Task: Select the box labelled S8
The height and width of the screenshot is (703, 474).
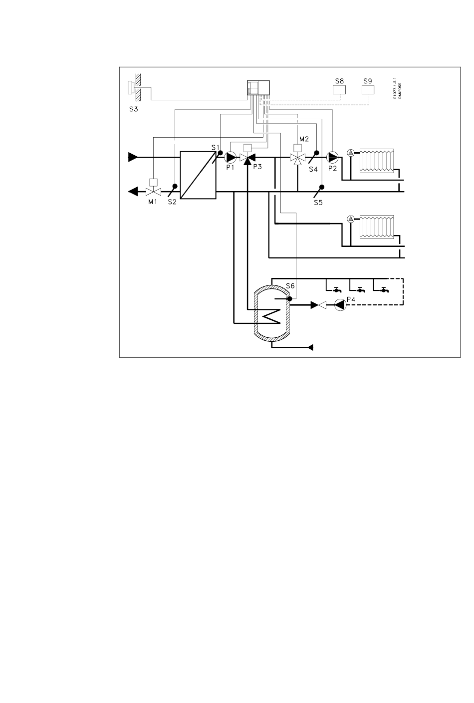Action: [339, 90]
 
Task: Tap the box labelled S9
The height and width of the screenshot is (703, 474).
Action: [368, 90]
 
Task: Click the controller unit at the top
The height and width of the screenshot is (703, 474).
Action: [258, 88]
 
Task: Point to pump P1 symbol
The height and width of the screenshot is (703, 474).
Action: [231, 157]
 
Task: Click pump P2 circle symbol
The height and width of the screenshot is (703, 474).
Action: [332, 157]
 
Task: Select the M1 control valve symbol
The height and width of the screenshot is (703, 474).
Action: [153, 191]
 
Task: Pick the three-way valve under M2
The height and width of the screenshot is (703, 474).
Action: [297, 158]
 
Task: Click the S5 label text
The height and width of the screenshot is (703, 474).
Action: [318, 203]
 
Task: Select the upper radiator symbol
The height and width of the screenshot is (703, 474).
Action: [378, 160]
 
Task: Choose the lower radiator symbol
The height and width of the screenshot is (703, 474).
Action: [378, 227]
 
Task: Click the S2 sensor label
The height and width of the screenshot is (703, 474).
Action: [173, 202]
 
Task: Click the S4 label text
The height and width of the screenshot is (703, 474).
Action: [313, 169]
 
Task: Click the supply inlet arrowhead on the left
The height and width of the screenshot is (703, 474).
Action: [133, 157]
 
